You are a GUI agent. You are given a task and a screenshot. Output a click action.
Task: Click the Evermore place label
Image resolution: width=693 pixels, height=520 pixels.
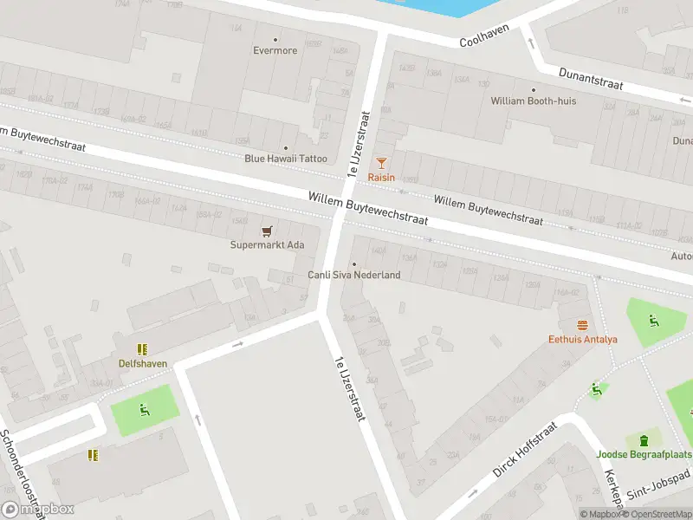click(x=275, y=50)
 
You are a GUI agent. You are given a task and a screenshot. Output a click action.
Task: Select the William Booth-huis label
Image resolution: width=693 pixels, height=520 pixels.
click(x=533, y=101)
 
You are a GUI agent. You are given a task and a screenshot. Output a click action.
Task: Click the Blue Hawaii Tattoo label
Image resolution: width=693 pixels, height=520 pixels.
click(x=286, y=158)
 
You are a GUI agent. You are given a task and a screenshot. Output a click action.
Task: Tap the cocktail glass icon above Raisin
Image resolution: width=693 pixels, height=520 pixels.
click(x=381, y=162)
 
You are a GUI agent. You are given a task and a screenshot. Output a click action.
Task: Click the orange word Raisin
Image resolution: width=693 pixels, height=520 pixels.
click(x=381, y=177)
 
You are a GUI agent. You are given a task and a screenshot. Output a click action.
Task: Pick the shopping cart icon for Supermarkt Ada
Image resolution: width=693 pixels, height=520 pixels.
click(x=267, y=231)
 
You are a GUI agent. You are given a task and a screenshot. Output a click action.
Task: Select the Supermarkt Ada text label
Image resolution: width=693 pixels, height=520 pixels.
click(x=267, y=244)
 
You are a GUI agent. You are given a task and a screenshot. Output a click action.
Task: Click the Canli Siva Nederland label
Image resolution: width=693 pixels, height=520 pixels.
click(x=354, y=275)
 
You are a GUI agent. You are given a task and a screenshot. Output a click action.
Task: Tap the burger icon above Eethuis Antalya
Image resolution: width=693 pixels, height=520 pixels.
click(x=582, y=325)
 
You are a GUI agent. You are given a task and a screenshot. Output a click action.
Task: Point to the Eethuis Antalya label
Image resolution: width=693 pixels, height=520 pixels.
click(x=582, y=339)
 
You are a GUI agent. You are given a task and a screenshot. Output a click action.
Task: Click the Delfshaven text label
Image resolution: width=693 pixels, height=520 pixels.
click(x=143, y=363)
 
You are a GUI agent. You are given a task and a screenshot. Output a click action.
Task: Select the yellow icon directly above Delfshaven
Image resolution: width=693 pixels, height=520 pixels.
click(x=143, y=349)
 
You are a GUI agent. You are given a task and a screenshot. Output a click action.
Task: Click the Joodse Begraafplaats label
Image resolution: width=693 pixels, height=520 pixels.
click(x=644, y=454)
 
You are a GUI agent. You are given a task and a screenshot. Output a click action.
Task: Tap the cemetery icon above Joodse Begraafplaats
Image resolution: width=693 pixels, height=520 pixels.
click(x=644, y=440)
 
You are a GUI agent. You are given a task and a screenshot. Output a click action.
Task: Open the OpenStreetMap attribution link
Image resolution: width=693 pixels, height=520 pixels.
click(x=656, y=514)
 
